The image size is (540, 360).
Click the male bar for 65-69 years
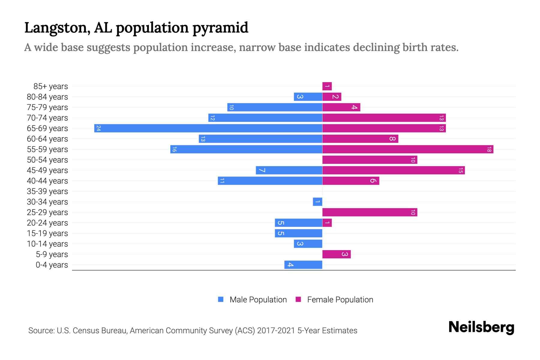[208, 128]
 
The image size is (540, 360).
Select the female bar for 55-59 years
[408, 149]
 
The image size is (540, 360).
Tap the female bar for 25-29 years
[370, 212]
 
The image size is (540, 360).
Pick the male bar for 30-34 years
[317, 202]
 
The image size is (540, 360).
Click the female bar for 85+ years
[327, 86]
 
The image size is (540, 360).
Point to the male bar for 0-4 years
[303, 265]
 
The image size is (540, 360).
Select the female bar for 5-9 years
[336, 254]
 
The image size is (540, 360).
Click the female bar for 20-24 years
[327, 223]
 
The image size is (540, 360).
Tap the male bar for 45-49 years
[289, 170]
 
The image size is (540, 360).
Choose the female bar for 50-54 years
[370, 160]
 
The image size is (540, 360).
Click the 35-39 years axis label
[47, 191]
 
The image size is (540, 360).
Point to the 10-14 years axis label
[47, 244]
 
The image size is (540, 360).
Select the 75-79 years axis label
[47, 107]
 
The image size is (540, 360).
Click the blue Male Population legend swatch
[221, 299]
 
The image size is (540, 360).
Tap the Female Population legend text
[340, 300]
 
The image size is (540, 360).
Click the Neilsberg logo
[481, 327]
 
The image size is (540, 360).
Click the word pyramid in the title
[220, 28]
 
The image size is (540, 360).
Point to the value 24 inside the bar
[98, 128]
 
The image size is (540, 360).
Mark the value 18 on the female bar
[489, 149]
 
